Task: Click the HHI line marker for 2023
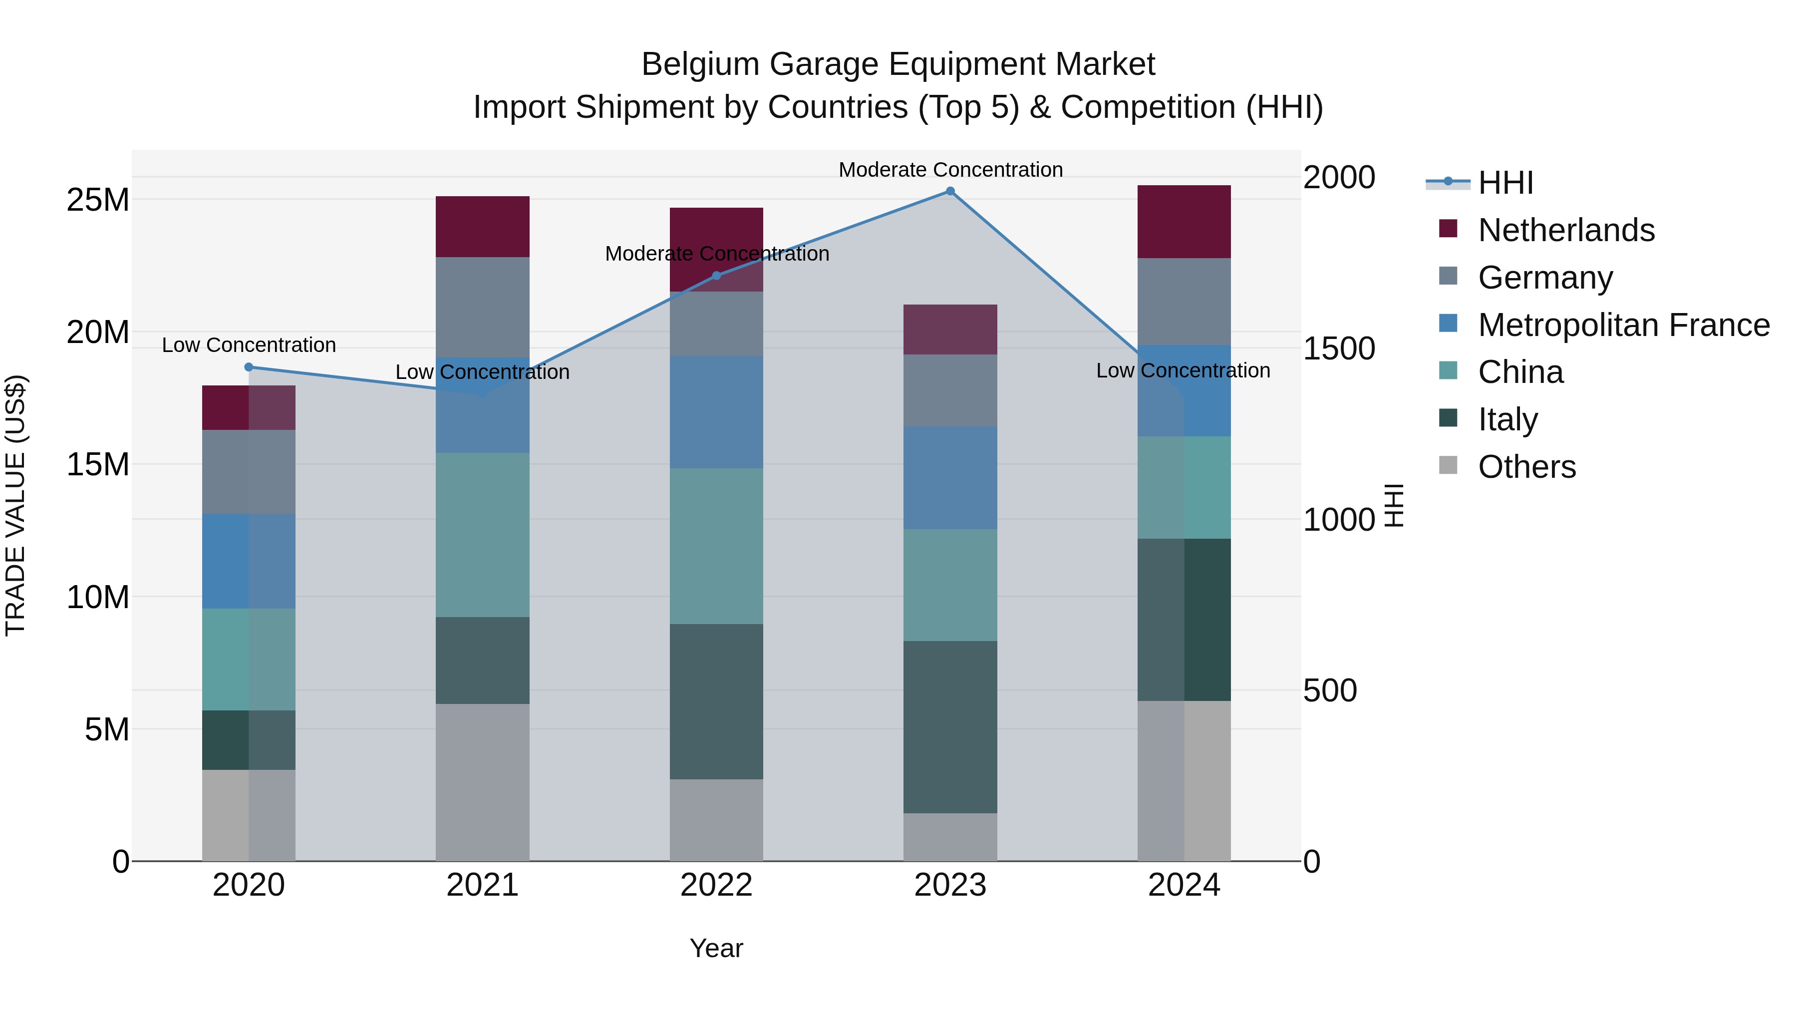[x=950, y=191]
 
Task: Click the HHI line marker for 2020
[x=249, y=367]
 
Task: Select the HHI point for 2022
[x=716, y=276]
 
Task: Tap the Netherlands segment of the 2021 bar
[x=483, y=227]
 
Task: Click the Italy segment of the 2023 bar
[x=950, y=726]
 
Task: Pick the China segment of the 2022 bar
[x=716, y=546]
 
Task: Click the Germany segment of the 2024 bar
[x=1184, y=302]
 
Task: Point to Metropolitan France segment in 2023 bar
[x=950, y=477]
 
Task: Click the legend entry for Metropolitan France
[x=1623, y=325]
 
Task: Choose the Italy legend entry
[x=1507, y=419]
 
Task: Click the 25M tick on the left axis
[x=98, y=200]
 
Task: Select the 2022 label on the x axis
[x=716, y=885]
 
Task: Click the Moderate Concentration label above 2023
[x=950, y=170]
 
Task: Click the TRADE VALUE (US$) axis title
[x=15, y=505]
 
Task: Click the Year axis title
[x=716, y=948]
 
